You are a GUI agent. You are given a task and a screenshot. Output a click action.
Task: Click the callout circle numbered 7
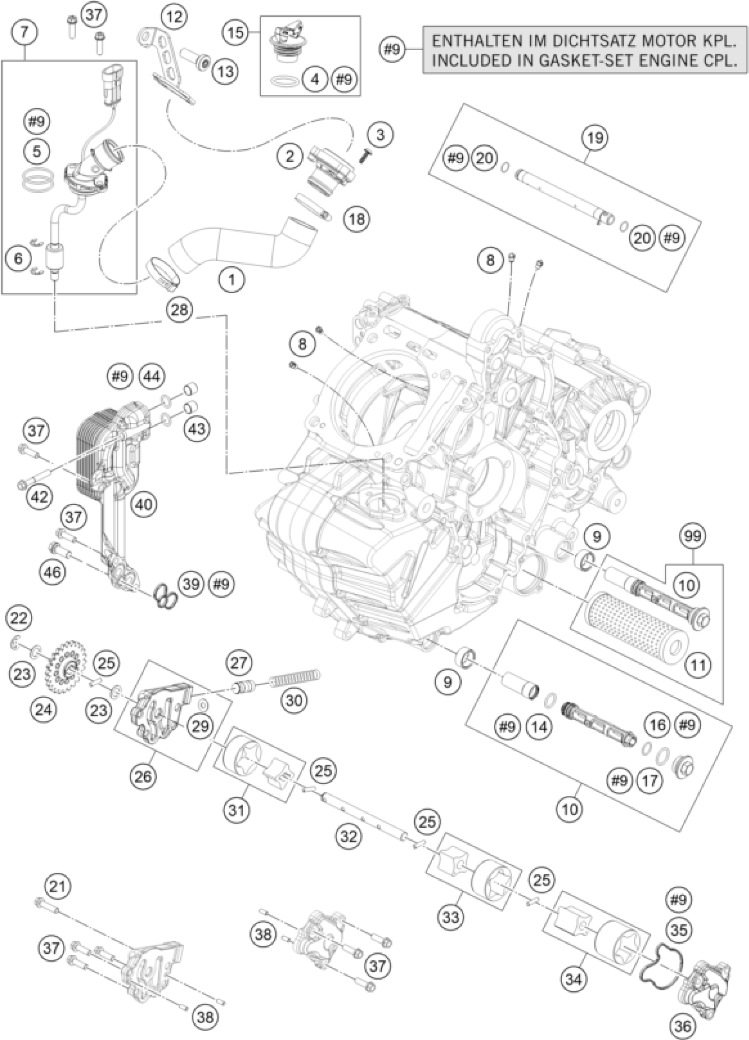coord(25,33)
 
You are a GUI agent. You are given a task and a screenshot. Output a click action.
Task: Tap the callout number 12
coord(174,17)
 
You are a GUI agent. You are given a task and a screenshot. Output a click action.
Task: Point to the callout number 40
coord(145,505)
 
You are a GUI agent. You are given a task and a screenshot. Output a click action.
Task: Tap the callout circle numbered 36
coord(683,1026)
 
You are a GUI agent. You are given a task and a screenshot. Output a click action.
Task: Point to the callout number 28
coord(179,310)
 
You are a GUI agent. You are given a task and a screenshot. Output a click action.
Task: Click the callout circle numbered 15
coord(236,33)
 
